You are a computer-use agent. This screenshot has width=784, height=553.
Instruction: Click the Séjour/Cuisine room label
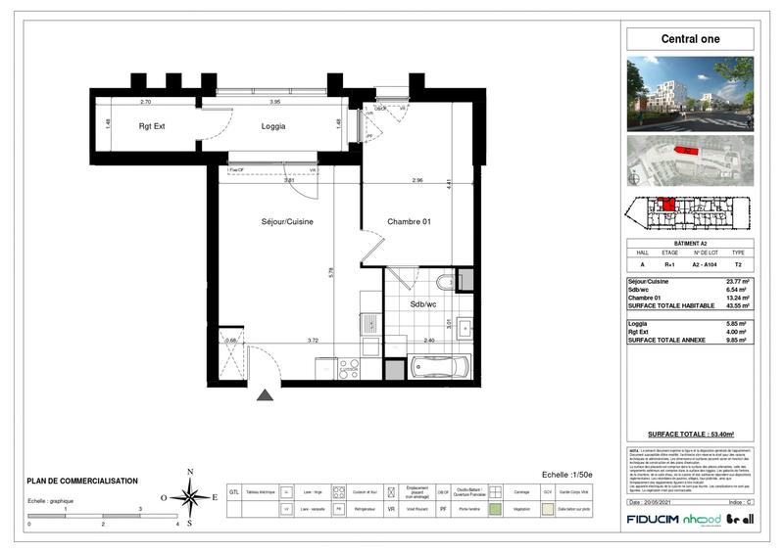(x=287, y=222)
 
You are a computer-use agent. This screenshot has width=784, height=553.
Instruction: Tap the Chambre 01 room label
(x=410, y=222)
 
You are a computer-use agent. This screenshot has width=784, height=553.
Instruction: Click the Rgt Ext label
(x=152, y=125)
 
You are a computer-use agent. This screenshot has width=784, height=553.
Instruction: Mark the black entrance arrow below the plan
(x=265, y=395)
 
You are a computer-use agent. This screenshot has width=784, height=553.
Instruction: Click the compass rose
(x=190, y=496)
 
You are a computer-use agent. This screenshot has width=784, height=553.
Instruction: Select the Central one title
(x=689, y=39)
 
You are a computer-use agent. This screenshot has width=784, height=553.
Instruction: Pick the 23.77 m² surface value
(x=735, y=282)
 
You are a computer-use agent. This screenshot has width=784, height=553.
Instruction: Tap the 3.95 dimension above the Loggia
(x=275, y=102)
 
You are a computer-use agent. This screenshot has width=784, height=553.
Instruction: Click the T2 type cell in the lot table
(x=738, y=264)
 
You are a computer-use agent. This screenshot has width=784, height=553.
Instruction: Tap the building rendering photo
(x=690, y=93)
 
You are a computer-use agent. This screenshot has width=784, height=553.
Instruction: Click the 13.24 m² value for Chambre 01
(x=735, y=297)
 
